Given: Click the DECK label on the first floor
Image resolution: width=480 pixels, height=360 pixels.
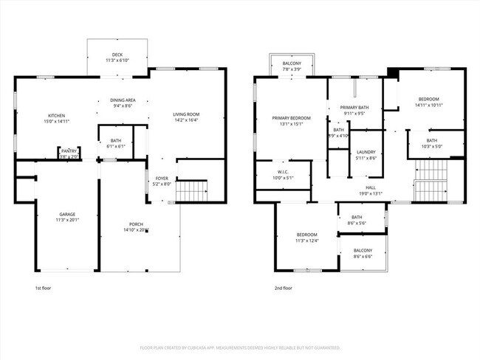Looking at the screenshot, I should click(x=117, y=54).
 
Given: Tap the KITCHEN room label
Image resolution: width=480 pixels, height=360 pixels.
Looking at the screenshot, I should click(x=58, y=116).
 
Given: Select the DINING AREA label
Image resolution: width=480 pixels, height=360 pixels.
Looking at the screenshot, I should click(x=123, y=100).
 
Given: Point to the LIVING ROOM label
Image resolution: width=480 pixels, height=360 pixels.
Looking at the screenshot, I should click(x=187, y=114).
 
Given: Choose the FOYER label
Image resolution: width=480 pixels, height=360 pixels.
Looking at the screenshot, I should click(x=161, y=179).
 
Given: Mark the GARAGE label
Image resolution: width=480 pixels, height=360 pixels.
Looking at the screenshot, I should click(x=67, y=214).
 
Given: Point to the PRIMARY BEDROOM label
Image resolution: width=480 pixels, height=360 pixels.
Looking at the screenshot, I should click(x=291, y=118).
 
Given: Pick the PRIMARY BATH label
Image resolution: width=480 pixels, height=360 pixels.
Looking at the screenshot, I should click(x=354, y=108).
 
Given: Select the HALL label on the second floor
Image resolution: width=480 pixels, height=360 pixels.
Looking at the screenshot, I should click(x=371, y=187).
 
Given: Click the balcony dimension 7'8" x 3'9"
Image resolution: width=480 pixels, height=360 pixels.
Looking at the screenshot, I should click(x=292, y=69).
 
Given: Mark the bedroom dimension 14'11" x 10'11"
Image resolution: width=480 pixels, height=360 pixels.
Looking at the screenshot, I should click(x=428, y=105).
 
